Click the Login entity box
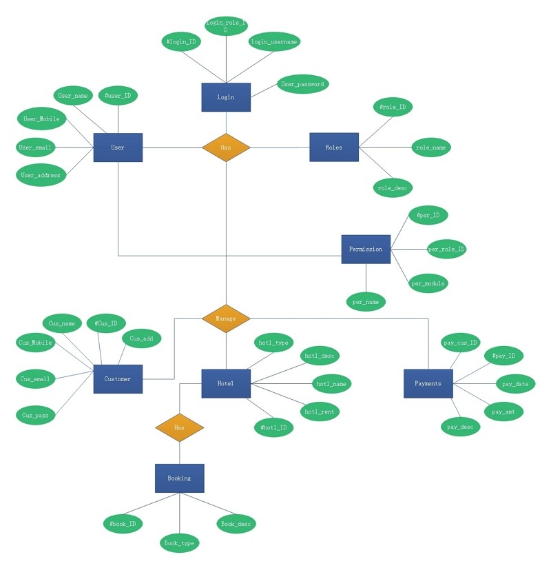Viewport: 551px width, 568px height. click(x=226, y=97)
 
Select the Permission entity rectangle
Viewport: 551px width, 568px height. click(x=366, y=249)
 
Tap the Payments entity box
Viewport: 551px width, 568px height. click(x=428, y=383)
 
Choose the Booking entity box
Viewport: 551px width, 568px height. click(x=179, y=478)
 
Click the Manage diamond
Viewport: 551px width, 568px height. click(x=226, y=318)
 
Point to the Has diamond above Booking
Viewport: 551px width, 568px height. click(x=179, y=427)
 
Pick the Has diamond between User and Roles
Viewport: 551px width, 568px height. click(x=226, y=148)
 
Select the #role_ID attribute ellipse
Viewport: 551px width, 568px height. click(x=393, y=107)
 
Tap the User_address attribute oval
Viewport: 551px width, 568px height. click(x=41, y=175)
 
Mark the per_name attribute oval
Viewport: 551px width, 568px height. click(x=366, y=301)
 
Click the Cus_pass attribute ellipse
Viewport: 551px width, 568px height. click(x=36, y=415)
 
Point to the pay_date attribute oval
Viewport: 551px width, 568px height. click(x=516, y=383)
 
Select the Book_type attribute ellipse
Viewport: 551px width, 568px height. click(x=179, y=543)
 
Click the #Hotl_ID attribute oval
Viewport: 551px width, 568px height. click(x=274, y=427)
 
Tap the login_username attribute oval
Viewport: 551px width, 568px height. click(x=274, y=41)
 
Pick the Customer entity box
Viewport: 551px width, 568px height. click(x=118, y=378)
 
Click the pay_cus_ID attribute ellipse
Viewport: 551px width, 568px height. click(x=460, y=343)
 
